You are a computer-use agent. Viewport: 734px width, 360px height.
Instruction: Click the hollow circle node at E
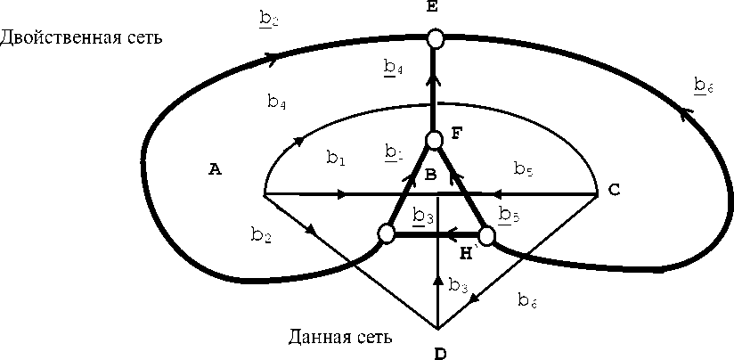point(435,38)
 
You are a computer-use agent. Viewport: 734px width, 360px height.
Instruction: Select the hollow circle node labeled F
point(434,140)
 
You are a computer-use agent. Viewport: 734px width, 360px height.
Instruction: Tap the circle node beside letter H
point(486,236)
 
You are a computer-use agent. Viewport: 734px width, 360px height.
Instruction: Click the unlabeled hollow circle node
point(386,234)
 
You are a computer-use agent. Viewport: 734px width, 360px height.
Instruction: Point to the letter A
point(214,169)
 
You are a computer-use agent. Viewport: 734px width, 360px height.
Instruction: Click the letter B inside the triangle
point(430,176)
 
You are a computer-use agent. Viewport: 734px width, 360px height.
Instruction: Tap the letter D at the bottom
point(439,353)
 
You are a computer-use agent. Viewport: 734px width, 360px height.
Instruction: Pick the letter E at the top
point(434,8)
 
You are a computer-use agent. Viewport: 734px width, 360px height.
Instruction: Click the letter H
point(467,254)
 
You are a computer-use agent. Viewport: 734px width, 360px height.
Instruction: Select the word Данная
point(313,337)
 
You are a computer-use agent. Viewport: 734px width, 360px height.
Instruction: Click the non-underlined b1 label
point(334,159)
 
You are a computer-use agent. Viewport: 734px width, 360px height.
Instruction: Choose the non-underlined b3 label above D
point(458,285)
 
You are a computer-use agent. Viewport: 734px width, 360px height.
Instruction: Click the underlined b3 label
point(424,216)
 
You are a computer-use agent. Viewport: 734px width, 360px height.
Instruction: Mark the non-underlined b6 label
point(527,300)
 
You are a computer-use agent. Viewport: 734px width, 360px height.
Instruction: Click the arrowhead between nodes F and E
point(434,80)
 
